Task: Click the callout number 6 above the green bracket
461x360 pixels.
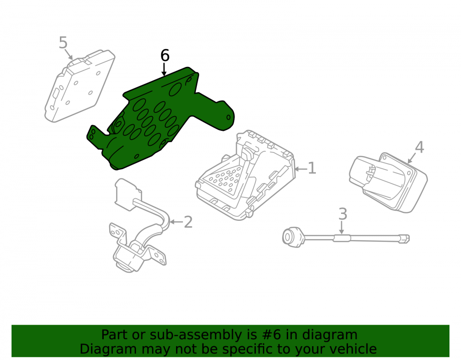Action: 165,55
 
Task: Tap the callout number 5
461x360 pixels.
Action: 63,42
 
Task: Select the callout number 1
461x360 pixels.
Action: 312,168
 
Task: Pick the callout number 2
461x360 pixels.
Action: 188,222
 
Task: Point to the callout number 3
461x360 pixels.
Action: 343,214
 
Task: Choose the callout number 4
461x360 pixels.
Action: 419,147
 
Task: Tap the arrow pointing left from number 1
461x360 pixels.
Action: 301,169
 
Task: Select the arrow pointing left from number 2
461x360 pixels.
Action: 176,222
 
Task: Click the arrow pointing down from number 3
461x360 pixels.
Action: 341,227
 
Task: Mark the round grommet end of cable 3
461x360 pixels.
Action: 292,236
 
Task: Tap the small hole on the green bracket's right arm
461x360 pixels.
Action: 229,118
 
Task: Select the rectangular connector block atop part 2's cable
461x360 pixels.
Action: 128,194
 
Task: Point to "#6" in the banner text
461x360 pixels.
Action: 271,335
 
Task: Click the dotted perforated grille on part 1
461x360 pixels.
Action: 225,178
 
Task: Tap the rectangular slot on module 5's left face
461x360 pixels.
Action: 55,94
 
